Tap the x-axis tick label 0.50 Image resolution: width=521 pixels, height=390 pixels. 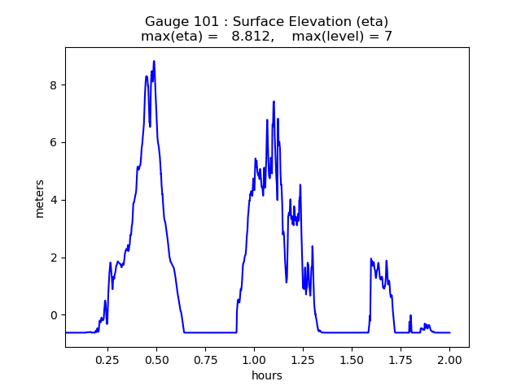click(x=157, y=359)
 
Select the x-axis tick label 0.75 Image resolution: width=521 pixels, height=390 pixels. click(x=206, y=359)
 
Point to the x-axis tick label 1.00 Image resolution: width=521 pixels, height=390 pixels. click(x=255, y=359)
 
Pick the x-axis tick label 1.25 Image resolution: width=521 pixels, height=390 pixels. click(x=304, y=359)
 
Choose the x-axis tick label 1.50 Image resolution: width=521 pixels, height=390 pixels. click(x=352, y=359)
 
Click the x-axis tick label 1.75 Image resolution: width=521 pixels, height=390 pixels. click(x=401, y=359)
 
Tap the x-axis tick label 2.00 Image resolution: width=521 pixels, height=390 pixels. click(x=450, y=359)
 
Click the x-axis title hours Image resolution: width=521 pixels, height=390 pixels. click(x=267, y=375)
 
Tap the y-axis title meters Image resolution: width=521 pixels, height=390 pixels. click(x=40, y=197)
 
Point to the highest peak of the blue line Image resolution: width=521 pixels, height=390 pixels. click(x=154, y=62)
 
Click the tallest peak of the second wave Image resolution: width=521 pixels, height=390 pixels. click(x=274, y=102)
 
